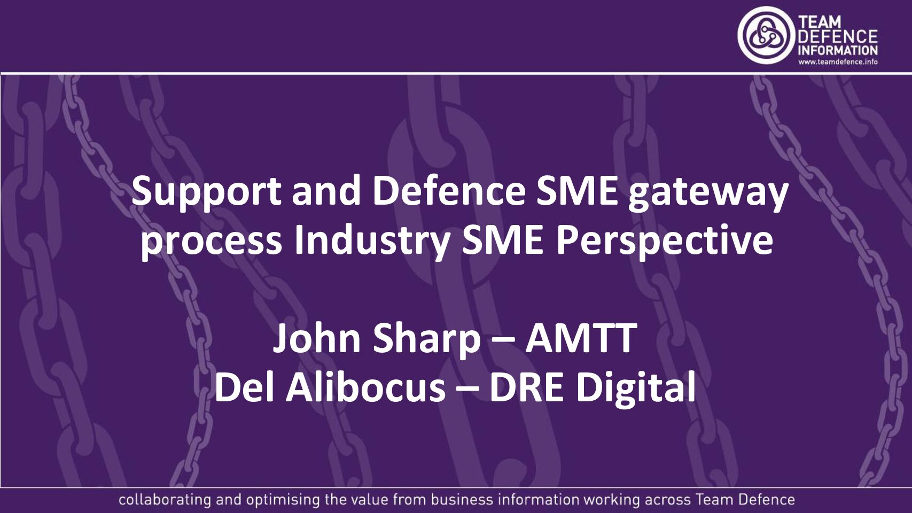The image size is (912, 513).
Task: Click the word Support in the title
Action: click(206, 191)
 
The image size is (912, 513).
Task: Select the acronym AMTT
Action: click(581, 338)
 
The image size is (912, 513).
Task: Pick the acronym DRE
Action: click(526, 387)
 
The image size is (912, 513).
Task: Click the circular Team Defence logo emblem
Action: click(765, 35)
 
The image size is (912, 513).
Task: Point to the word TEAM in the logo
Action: click(820, 22)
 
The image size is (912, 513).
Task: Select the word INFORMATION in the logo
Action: click(837, 50)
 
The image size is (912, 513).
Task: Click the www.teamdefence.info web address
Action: click(838, 61)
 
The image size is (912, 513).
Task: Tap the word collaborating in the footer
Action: click(165, 500)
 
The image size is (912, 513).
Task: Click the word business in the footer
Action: click(462, 500)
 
